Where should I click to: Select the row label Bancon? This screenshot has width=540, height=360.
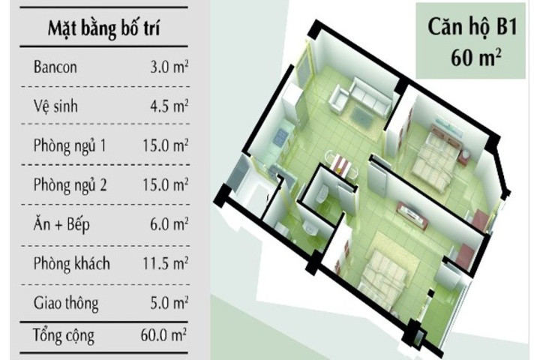55,67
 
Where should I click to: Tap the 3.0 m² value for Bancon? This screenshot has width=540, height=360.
169,67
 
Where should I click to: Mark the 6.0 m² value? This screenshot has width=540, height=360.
169,224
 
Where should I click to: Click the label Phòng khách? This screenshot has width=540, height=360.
72,264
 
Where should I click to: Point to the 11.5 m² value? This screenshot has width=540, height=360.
166,264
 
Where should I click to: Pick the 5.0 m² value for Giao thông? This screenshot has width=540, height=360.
169,304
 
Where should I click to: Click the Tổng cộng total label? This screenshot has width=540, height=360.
64,334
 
